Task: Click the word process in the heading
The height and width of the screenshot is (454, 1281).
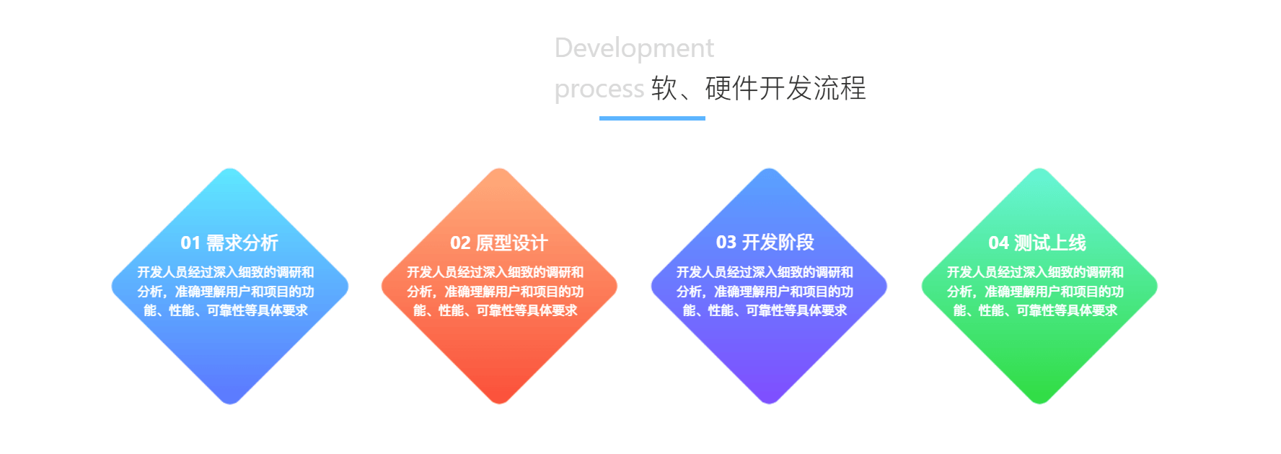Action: [599, 90]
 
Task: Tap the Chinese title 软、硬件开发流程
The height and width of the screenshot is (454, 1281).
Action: [758, 88]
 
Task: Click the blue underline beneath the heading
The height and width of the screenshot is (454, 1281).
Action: [652, 118]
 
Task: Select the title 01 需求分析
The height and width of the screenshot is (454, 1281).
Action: [229, 243]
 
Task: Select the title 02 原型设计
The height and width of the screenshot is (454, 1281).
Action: [499, 243]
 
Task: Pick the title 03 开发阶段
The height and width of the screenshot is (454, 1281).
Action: [765, 243]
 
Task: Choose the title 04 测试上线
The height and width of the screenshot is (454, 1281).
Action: [1036, 243]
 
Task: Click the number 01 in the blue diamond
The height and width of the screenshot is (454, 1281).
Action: [190, 243]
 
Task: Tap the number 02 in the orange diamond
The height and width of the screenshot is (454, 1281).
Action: [460, 243]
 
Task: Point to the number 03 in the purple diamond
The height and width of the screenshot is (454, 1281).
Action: [726, 243]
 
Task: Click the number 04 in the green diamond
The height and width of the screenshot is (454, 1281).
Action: [999, 243]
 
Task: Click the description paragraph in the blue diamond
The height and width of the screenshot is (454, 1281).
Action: [226, 291]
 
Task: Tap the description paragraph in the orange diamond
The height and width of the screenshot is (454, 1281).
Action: [496, 291]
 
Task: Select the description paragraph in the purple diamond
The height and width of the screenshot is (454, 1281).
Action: [765, 291]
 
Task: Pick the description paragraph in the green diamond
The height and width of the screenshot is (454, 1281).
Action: [1035, 291]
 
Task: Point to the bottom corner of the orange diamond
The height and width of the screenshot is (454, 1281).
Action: [499, 403]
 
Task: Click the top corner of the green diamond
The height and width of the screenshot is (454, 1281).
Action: [1039, 170]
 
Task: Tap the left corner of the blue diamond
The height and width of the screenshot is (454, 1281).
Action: [113, 287]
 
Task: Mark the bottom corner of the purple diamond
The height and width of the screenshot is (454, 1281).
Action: [769, 403]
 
